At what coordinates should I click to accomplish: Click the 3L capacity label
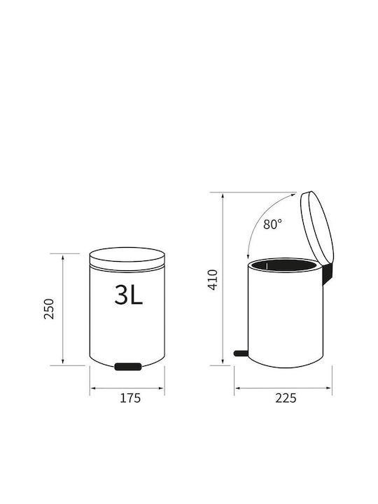(128, 295)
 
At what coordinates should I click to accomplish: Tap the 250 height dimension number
(49, 309)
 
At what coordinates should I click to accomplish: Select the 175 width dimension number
(130, 398)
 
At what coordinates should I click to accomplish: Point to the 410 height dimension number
(213, 279)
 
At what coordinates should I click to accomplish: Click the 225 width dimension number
(286, 398)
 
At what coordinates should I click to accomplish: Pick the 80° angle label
(272, 224)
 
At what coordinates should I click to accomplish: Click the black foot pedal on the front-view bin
(128, 366)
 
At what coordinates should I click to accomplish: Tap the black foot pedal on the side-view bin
(241, 353)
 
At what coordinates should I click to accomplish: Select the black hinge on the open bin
(327, 274)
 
